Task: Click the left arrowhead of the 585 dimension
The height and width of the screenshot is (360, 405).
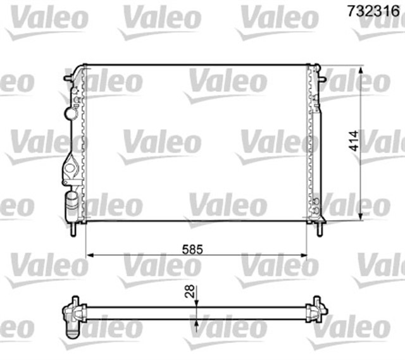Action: [x=89, y=256]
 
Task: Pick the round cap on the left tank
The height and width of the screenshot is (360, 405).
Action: [x=69, y=114]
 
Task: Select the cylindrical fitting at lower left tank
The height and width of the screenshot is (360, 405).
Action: [x=71, y=204]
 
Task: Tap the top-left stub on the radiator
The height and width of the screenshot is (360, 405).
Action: [x=68, y=78]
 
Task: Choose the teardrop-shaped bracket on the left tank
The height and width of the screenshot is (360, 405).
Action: [x=70, y=169]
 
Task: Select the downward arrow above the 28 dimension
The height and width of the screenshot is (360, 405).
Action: [x=198, y=302]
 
